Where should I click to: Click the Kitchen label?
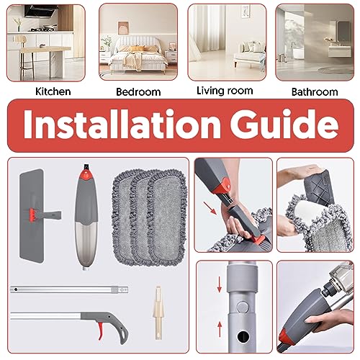[53, 91]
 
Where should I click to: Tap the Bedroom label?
[138, 92]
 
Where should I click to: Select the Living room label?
[225, 91]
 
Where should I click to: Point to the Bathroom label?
[315, 92]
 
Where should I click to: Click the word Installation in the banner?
[122, 124]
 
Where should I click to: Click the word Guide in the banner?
[284, 124]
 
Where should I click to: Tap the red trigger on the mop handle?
[100, 331]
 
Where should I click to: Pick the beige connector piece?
[158, 312]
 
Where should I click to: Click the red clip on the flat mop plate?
[33, 215]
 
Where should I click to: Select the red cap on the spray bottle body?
[86, 175]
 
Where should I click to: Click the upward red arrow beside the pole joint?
[220, 329]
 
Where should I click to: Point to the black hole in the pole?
[243, 336]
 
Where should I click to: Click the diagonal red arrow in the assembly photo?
[210, 208]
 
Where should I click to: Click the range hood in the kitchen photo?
[41, 11]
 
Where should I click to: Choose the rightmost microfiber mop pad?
[167, 217]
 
